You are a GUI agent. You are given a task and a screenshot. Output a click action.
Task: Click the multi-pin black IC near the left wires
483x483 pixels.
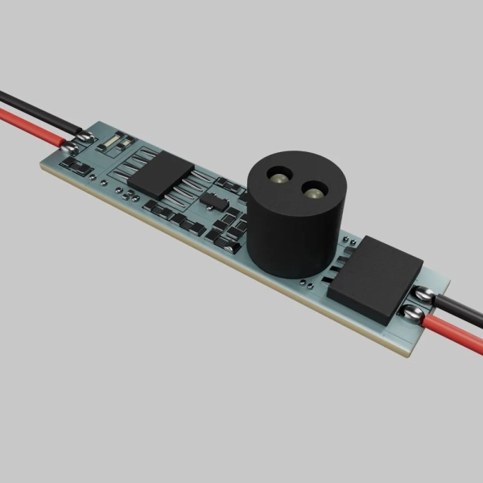[x=159, y=171]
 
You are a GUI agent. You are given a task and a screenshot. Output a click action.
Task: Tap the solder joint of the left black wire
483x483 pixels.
[x=88, y=138]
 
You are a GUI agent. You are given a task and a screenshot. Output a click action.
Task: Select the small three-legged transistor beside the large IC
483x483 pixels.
[x=213, y=198]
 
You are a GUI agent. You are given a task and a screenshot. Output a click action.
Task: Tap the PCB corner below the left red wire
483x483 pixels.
[x=42, y=167]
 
